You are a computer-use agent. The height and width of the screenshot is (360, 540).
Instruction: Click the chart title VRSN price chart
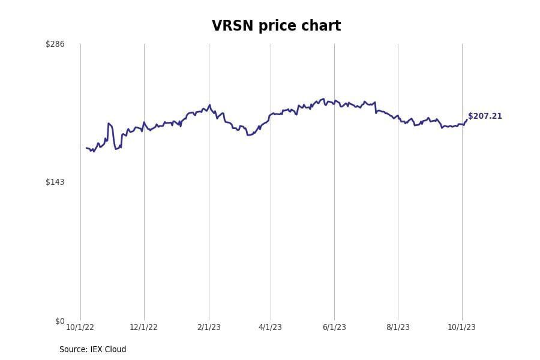point(276,26)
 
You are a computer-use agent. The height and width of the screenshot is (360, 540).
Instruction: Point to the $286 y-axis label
point(55,44)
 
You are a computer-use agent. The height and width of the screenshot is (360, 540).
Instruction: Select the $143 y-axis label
point(55,182)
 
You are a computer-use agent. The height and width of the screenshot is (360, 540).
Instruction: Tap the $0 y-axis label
point(59,321)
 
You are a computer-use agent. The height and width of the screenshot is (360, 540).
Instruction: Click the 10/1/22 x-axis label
point(80,327)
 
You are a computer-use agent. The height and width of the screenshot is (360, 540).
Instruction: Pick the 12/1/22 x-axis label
point(143,327)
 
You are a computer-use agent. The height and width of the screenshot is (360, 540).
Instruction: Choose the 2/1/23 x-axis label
point(209,327)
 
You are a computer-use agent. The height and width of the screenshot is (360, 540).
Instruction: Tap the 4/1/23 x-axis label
point(270,327)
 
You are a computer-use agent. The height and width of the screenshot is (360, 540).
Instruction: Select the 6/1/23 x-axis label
point(334,327)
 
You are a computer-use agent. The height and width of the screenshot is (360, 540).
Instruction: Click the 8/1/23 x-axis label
point(398,327)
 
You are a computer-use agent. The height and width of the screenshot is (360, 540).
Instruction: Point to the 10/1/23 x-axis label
point(461,327)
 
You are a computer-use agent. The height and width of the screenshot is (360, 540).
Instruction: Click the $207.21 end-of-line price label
point(485,116)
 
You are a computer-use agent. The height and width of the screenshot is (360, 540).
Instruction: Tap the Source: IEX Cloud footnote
point(92,349)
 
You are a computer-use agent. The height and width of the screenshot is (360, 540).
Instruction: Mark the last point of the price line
point(467,119)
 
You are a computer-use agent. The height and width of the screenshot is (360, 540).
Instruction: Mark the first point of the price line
point(86,148)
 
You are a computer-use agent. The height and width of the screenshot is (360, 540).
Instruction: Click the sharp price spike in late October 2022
point(109,124)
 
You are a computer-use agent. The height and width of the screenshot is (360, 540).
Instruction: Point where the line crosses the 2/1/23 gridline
point(209,106)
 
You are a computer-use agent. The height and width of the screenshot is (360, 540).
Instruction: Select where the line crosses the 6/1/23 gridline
point(334,101)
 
